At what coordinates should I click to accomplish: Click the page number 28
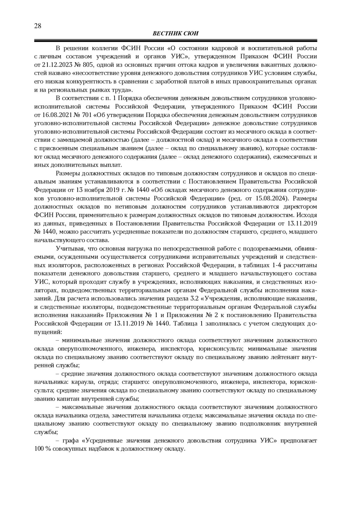(38, 26)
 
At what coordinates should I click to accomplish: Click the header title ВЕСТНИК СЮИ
(175, 34)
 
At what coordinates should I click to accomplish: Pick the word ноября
(96, 190)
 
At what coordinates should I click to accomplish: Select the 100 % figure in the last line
(42, 449)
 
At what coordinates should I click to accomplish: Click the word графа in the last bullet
(70, 441)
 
